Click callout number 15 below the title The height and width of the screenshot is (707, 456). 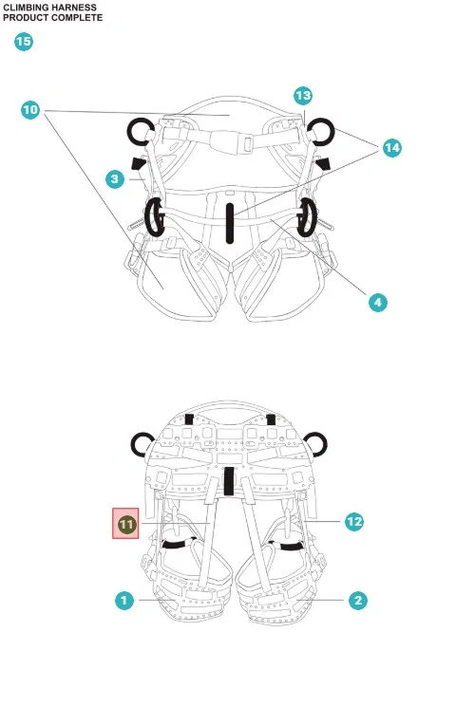click(24, 42)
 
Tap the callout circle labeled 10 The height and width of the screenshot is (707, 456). click(30, 110)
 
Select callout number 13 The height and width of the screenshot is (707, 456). click(302, 96)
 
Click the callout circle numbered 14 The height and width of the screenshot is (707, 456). click(392, 148)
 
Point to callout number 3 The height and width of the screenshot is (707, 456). click(115, 179)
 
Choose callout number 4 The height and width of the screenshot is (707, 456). click(377, 302)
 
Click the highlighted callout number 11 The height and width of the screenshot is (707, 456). click(126, 524)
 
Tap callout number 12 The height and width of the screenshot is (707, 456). click(354, 522)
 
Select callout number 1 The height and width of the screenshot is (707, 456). click(124, 600)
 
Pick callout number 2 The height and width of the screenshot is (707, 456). click(358, 600)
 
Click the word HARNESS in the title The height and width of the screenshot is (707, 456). click(74, 8)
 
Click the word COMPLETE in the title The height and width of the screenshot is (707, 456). click(77, 18)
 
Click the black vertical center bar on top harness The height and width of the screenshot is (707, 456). click(230, 223)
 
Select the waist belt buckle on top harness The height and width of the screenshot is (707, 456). click(232, 140)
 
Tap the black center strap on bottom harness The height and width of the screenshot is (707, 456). click(229, 480)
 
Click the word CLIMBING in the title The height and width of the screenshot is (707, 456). click(26, 8)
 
